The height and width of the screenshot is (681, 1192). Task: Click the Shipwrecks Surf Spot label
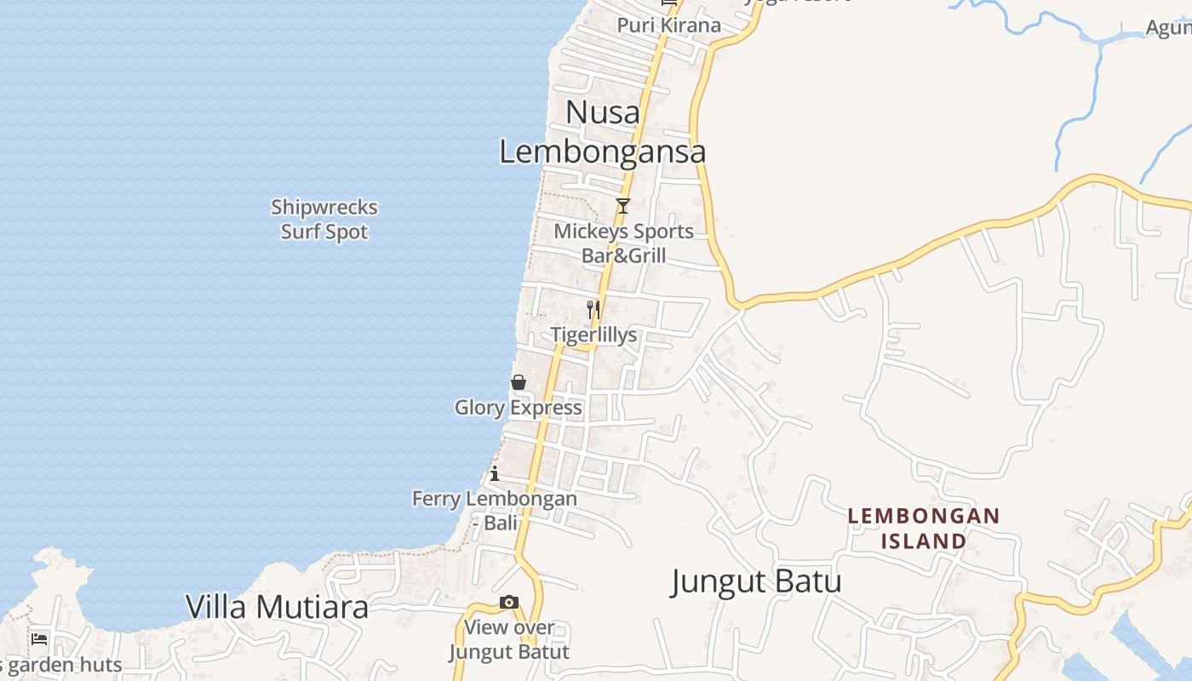click(x=324, y=220)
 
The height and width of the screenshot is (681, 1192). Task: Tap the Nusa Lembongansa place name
click(x=602, y=132)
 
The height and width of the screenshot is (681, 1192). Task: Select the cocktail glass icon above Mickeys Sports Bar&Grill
click(x=623, y=206)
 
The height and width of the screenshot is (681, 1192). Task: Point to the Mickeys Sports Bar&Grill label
click(x=624, y=243)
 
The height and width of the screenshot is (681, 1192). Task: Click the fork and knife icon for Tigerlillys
click(x=593, y=309)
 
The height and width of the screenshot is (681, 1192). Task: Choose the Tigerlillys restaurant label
click(x=593, y=335)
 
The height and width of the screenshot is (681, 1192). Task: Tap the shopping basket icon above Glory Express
click(x=518, y=382)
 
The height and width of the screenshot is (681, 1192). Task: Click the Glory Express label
click(x=519, y=408)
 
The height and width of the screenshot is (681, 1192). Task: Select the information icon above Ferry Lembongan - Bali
click(x=495, y=473)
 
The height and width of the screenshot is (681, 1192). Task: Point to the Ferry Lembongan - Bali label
click(x=495, y=511)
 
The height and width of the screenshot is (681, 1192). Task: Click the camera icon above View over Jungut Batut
click(x=508, y=603)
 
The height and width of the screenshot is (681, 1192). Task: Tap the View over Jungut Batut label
click(x=509, y=640)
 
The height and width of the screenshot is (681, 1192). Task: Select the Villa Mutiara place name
click(x=278, y=607)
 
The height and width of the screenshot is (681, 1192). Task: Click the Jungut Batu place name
click(x=756, y=581)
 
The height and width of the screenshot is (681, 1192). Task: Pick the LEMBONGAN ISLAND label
click(x=924, y=528)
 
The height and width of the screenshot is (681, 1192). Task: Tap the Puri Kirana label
click(x=669, y=25)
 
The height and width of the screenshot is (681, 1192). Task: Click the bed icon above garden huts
click(x=39, y=639)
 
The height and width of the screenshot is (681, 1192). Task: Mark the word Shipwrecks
click(x=324, y=208)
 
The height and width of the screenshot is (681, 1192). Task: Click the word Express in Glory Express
click(x=547, y=408)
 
